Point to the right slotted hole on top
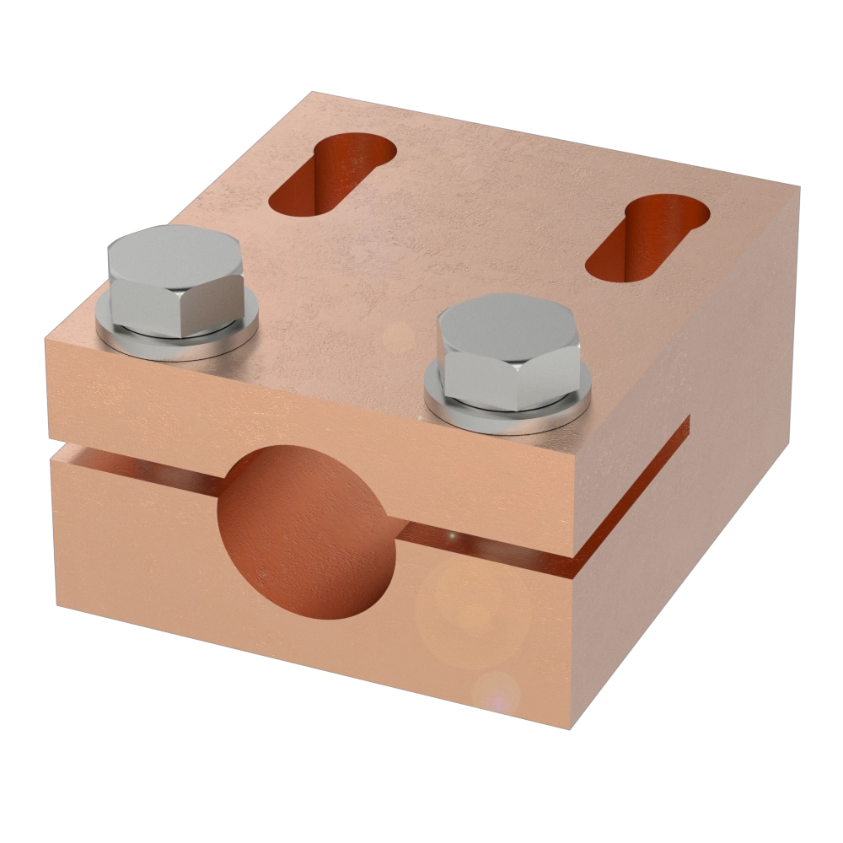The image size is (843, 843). [x=648, y=237]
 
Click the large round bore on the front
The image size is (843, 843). [x=305, y=532]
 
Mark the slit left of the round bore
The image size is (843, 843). [x=135, y=468]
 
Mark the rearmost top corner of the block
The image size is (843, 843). [x=312, y=90]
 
